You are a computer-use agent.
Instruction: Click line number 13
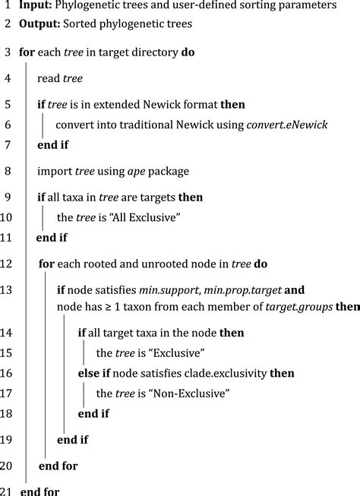[8, 289]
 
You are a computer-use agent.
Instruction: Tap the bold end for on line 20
[58, 466]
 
